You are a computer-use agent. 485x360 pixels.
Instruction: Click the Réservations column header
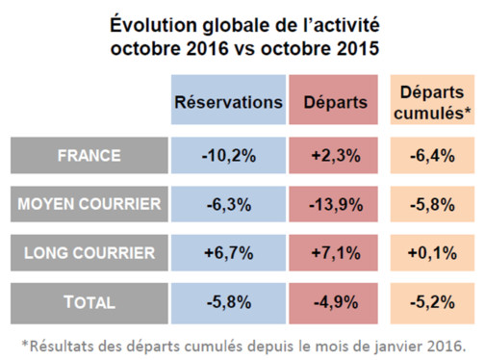[229, 102]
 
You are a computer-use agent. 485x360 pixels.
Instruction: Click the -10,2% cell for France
[229, 154]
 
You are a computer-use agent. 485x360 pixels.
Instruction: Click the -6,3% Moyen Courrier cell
[229, 203]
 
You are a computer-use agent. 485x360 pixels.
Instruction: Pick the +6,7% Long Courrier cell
[229, 253]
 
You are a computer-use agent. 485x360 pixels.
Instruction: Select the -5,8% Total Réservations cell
[229, 302]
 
